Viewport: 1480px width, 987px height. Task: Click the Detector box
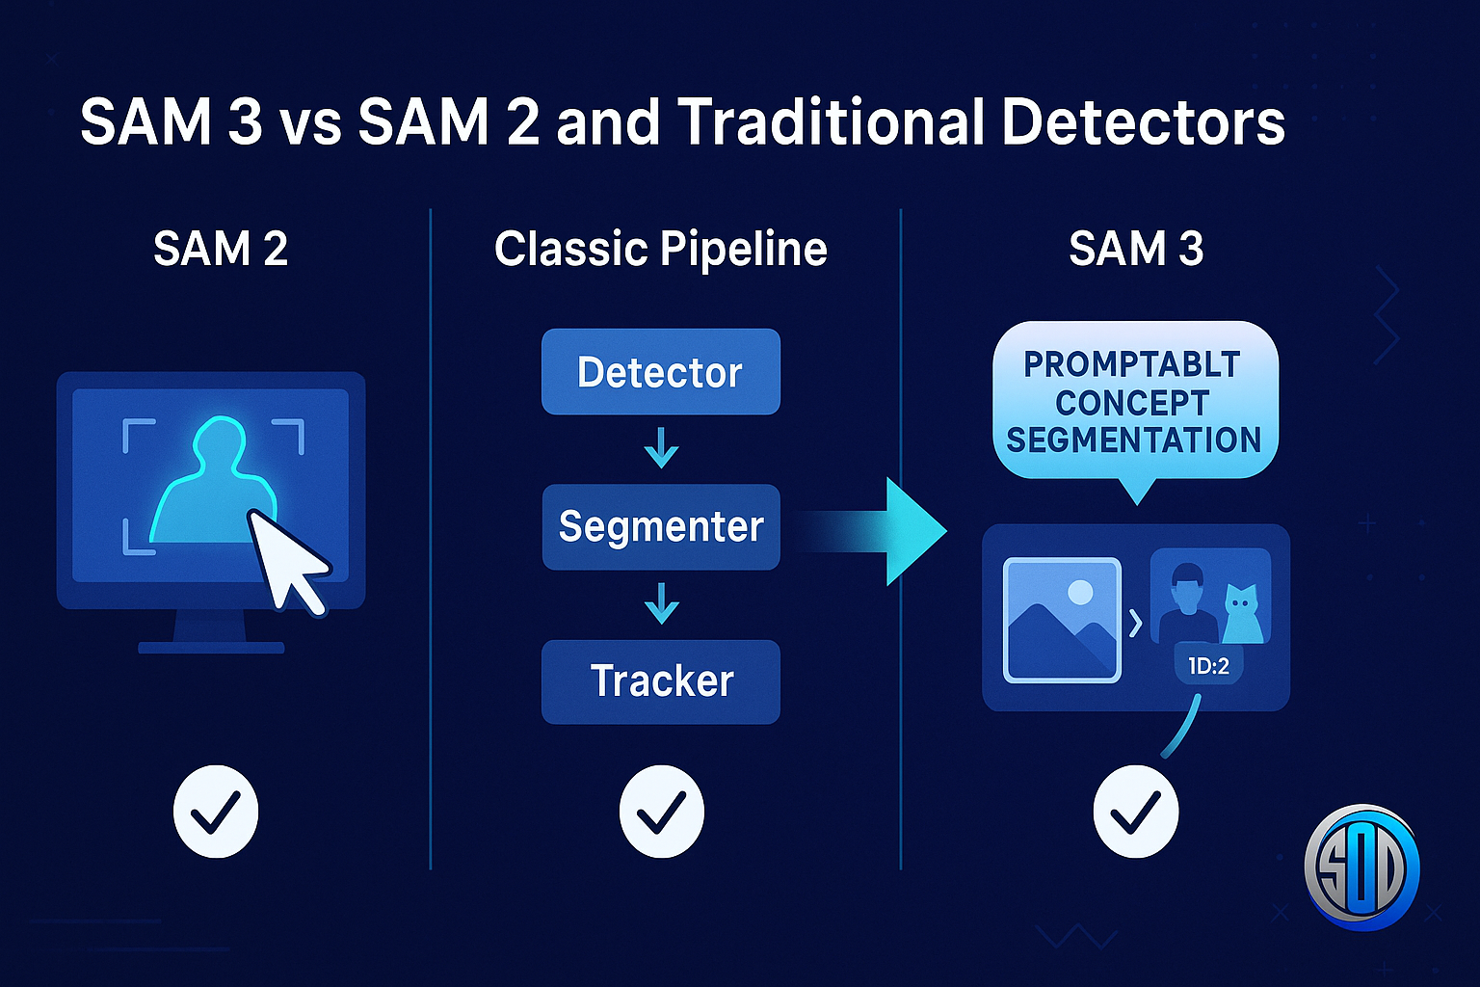(x=660, y=372)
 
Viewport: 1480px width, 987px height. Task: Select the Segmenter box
(x=660, y=526)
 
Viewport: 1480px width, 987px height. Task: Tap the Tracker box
(x=660, y=681)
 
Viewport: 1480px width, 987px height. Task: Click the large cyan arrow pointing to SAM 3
(x=896, y=531)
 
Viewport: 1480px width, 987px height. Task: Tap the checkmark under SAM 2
(x=216, y=812)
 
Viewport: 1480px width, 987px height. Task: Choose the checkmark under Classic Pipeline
(x=661, y=812)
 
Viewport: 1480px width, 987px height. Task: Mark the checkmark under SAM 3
(x=1135, y=812)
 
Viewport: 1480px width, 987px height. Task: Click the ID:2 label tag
(x=1208, y=665)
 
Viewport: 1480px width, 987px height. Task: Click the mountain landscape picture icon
(x=1062, y=620)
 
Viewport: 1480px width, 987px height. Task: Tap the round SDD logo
(x=1361, y=867)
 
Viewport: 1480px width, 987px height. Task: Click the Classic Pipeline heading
(x=660, y=249)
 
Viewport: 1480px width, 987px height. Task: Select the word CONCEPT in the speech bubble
(x=1132, y=402)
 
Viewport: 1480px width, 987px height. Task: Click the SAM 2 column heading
(x=221, y=249)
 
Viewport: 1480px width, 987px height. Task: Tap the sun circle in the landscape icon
(x=1080, y=591)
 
